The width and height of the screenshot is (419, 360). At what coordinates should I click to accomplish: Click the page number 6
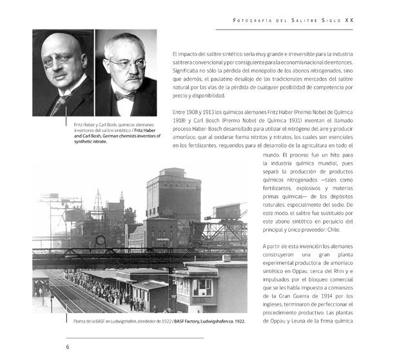point(68,346)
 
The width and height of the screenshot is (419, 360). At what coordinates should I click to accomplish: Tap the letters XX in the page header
point(349,20)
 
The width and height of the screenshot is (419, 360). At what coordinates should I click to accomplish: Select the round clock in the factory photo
point(101,240)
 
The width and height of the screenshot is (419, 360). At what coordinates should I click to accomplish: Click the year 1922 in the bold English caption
point(239,321)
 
